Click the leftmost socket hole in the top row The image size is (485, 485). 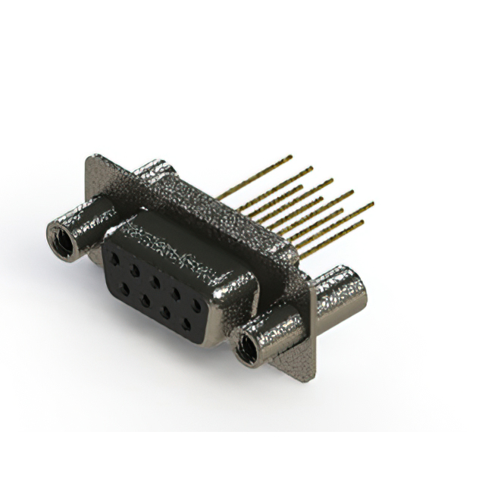pos(114,258)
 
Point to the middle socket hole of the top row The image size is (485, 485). pos(155,282)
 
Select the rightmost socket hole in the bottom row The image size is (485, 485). pos(186,324)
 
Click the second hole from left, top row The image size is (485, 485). pos(134,270)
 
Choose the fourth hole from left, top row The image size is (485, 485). pos(176,294)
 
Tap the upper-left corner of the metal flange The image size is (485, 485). pos(91,158)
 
